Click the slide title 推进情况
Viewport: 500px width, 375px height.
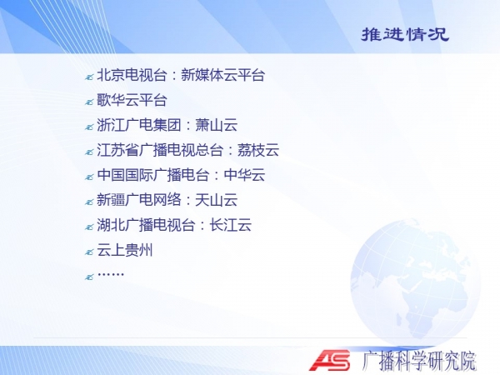pos(405,34)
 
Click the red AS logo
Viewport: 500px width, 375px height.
pos(329,360)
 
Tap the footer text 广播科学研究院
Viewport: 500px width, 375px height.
pos(419,361)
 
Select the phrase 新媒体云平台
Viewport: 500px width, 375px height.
pos(222,75)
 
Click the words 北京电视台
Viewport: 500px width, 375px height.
pos(132,75)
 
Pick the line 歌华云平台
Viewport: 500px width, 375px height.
pos(132,100)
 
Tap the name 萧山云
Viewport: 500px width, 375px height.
pos(216,125)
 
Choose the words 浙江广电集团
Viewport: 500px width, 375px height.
pos(139,125)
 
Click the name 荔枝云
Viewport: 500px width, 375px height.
pos(258,150)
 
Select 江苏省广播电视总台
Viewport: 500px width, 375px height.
pos(160,150)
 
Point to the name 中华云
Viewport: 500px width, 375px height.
pos(244,175)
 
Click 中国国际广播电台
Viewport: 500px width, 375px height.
pos(153,175)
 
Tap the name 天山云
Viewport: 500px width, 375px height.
pos(216,200)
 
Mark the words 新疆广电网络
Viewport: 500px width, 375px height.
pos(139,200)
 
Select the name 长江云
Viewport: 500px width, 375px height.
pos(230,225)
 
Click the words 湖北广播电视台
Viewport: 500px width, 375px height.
pos(146,225)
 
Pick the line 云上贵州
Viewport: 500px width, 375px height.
pos(125,250)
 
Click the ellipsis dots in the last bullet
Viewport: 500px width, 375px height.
pos(111,274)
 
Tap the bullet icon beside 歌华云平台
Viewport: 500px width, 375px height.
pos(89,102)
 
